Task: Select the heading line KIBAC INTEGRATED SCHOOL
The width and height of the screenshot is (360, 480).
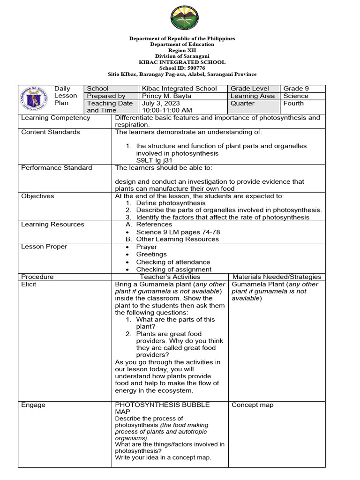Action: coord(182,62)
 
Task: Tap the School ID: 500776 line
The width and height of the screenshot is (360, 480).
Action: coord(182,68)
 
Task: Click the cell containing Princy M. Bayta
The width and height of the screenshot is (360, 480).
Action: coord(166,96)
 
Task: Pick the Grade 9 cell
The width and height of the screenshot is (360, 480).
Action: coord(296,89)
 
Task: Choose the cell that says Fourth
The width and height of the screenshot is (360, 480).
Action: coord(293,104)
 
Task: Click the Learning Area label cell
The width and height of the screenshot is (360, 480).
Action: coord(252,96)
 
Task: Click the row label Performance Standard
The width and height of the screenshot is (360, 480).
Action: coord(57,168)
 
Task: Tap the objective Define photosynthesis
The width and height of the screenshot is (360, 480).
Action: coord(171,203)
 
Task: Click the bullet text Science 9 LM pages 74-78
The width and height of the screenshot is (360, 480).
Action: coord(178,232)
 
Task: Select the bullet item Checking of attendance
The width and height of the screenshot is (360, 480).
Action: coord(173,262)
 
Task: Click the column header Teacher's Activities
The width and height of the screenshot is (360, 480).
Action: coord(170,277)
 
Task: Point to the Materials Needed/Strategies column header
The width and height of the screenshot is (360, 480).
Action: coord(277,277)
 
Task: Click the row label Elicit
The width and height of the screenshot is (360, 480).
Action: coord(29,284)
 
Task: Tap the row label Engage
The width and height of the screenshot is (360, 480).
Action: coord(32,405)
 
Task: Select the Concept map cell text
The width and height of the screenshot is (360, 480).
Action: coord(252,405)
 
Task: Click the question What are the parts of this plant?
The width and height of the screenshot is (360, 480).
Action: coord(175,323)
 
